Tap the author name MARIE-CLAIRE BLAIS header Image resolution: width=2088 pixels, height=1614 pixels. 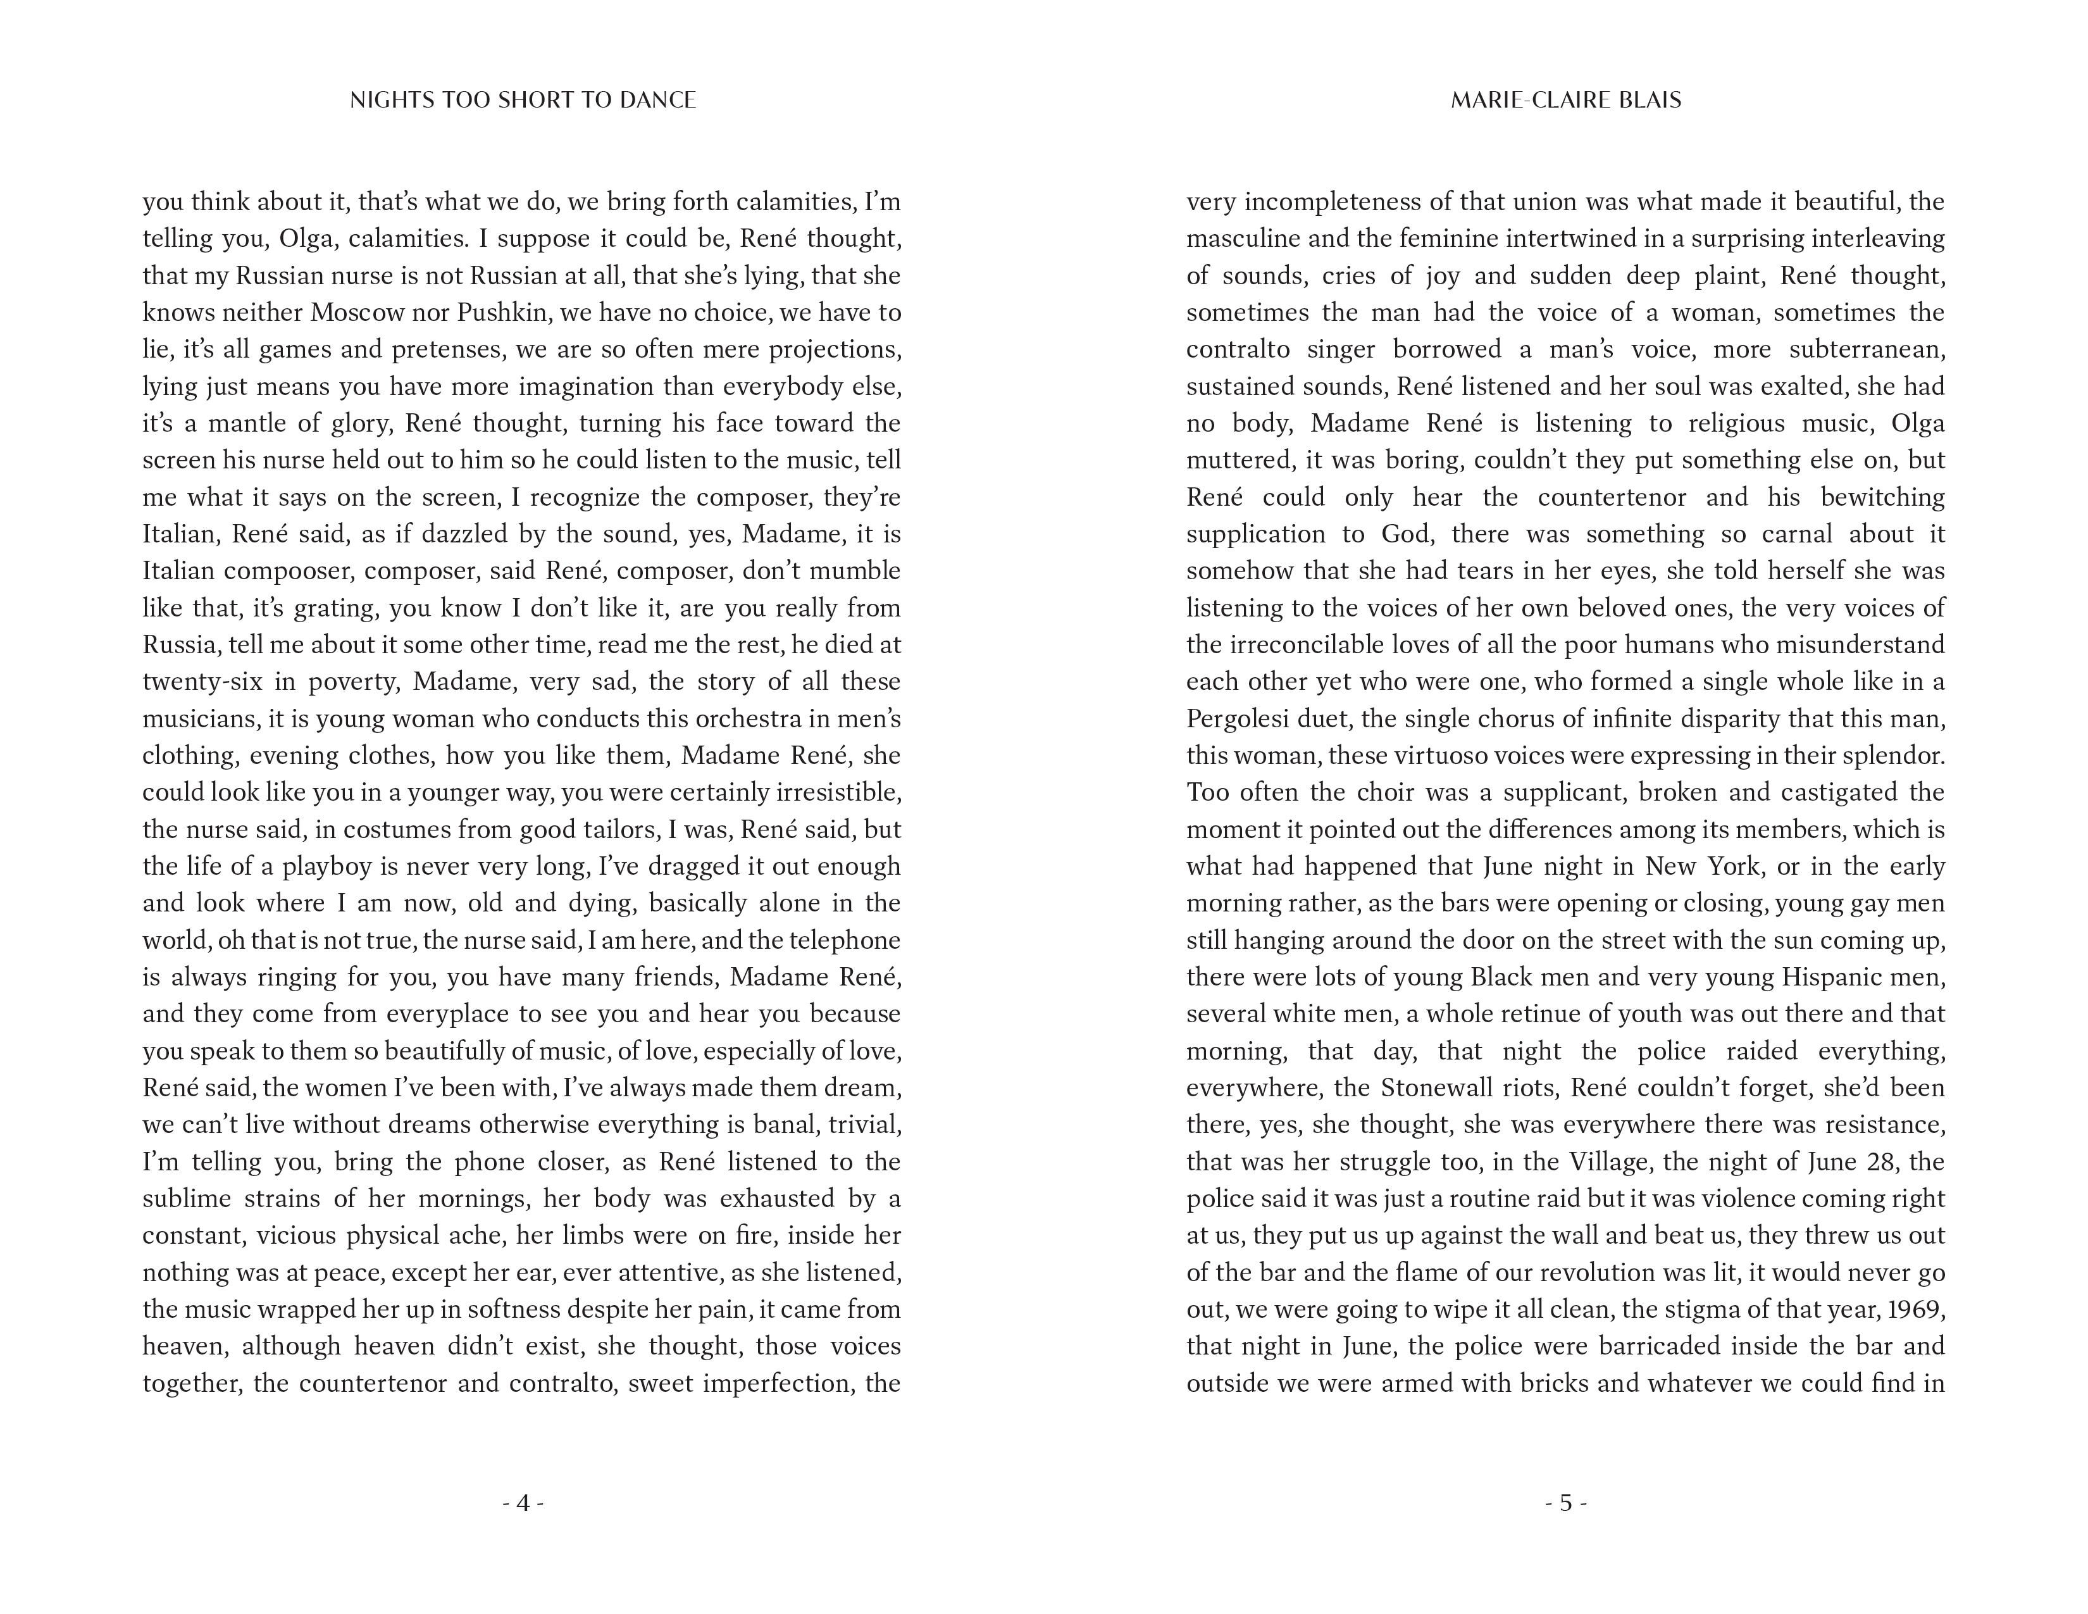[1565, 101]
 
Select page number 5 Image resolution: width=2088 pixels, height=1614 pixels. [1565, 1503]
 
